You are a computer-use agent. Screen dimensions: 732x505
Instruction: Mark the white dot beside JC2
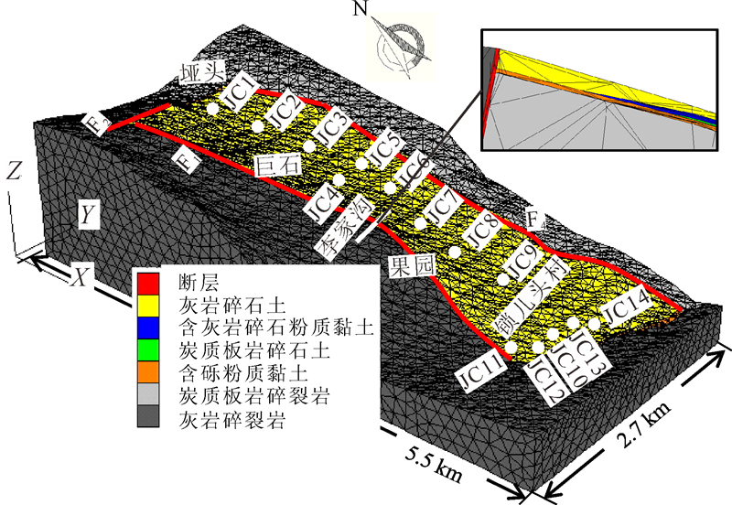(x=258, y=125)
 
